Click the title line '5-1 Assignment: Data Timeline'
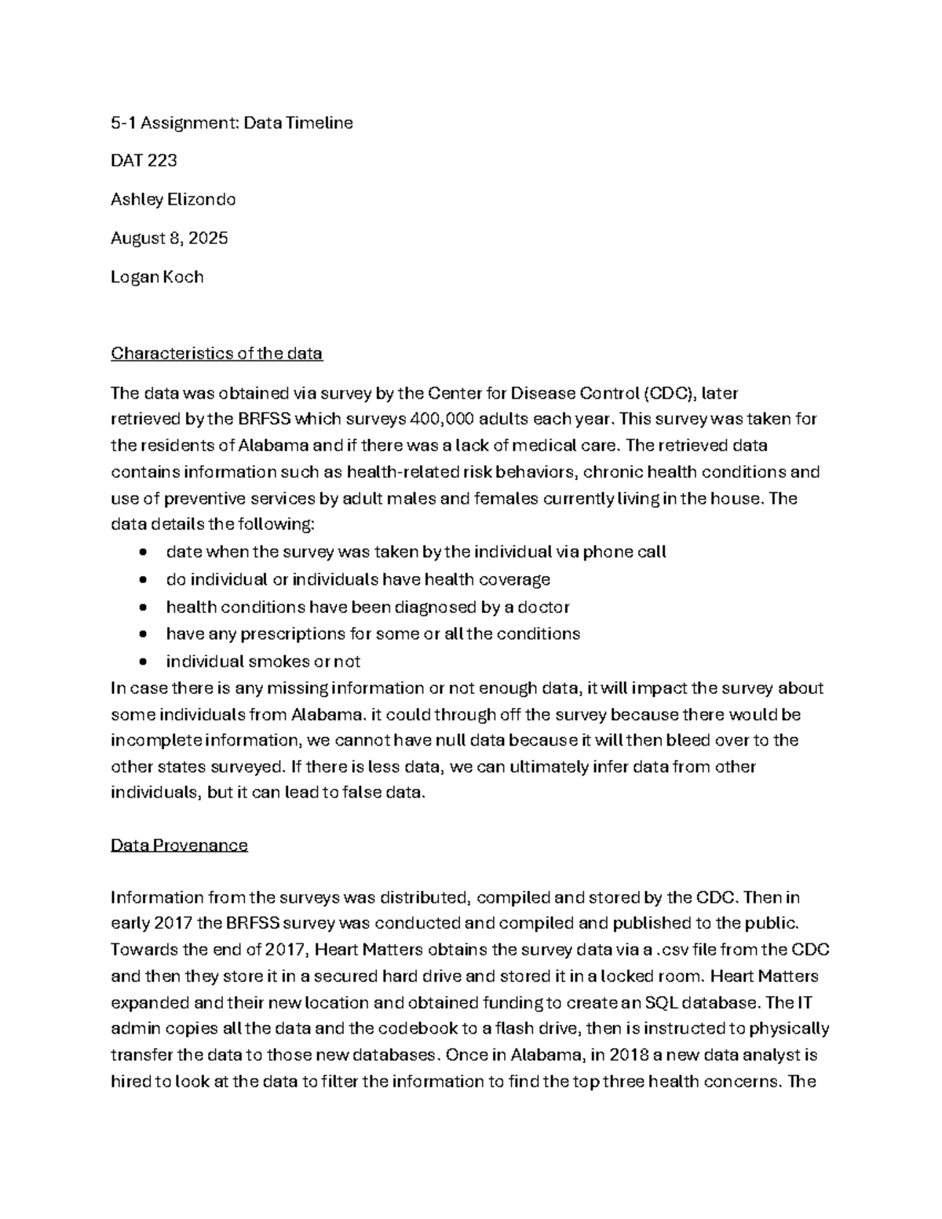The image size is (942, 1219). click(x=232, y=122)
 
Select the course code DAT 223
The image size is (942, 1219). click(x=144, y=161)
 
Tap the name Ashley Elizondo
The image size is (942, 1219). click(x=173, y=199)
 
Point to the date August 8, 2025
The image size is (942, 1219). click(x=169, y=238)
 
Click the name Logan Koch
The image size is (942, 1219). click(x=157, y=276)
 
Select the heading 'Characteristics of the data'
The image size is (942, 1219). click(x=217, y=353)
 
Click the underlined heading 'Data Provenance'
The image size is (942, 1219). click(x=179, y=845)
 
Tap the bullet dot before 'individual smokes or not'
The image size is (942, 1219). click(x=142, y=662)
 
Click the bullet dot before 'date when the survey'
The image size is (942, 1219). click(x=142, y=553)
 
